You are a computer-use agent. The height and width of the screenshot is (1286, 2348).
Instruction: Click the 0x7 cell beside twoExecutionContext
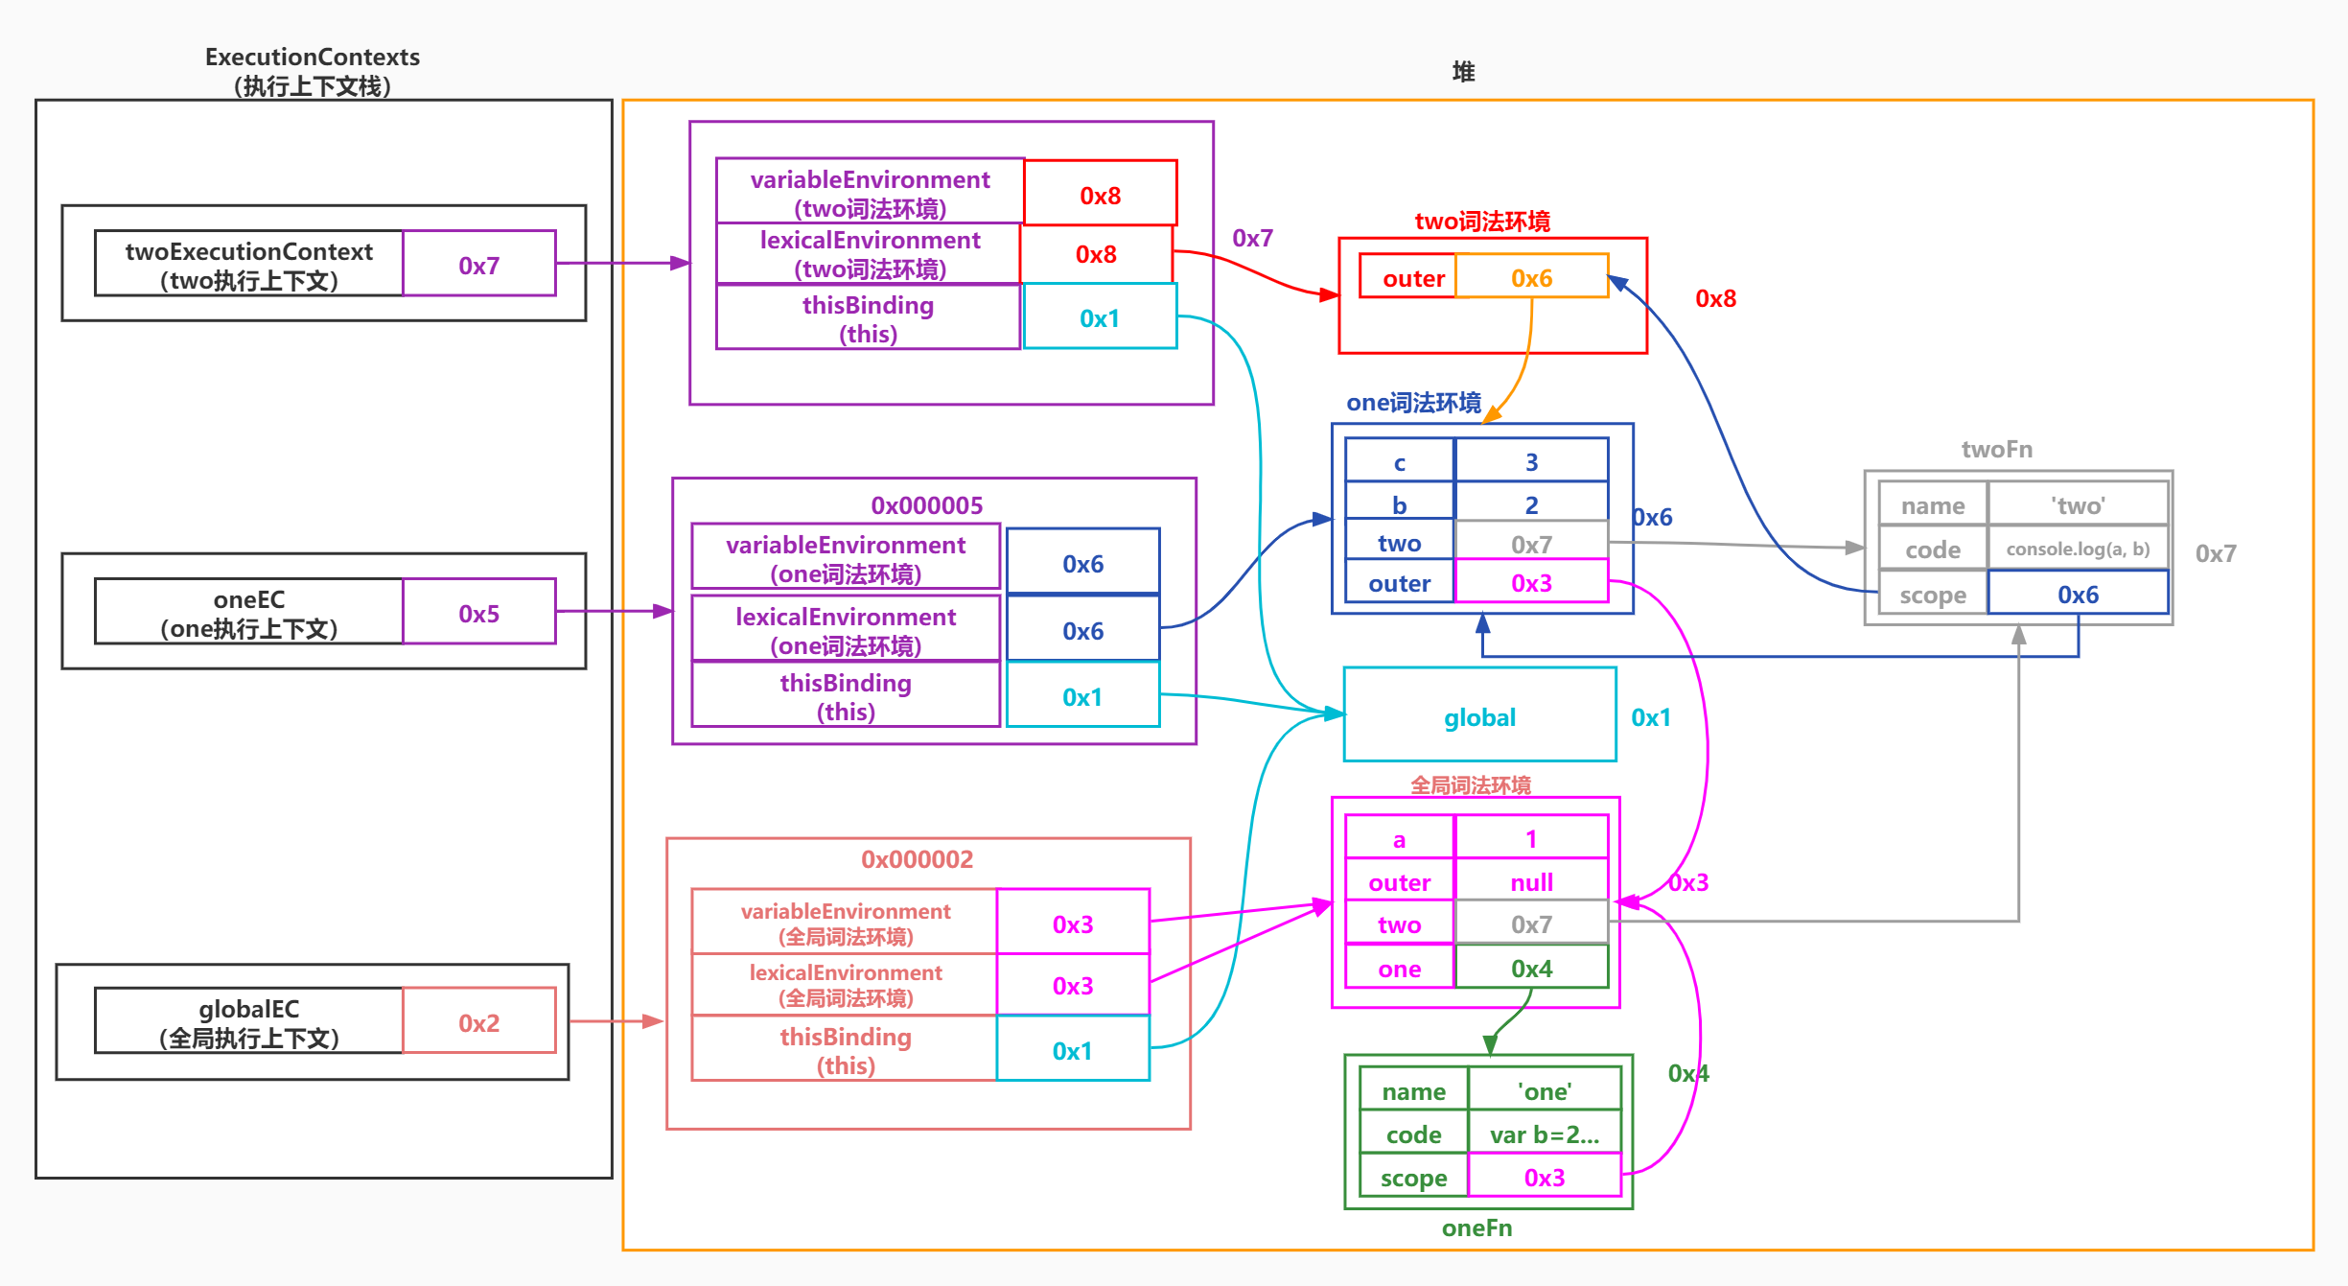click(479, 265)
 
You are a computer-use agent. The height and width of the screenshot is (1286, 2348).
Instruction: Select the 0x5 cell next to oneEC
click(479, 613)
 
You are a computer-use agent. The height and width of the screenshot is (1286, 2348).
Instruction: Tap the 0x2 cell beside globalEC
click(479, 1022)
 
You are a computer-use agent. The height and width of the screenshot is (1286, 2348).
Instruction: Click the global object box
click(1479, 716)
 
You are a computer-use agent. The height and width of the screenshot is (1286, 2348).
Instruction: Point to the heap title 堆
click(1463, 72)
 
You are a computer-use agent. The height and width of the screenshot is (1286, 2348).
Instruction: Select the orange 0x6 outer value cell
click(1531, 278)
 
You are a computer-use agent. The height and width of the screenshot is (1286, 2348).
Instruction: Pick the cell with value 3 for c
click(1531, 462)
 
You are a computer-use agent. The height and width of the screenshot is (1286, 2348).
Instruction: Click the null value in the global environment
click(1531, 882)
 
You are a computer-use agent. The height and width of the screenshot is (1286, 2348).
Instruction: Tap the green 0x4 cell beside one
click(1531, 969)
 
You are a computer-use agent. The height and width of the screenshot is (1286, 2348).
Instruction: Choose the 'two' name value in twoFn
click(2078, 505)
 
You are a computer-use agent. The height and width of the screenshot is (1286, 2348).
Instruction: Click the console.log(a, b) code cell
click(2078, 549)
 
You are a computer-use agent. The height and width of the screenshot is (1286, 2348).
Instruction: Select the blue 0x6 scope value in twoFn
click(2078, 595)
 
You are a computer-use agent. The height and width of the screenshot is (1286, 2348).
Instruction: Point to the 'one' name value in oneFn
click(1545, 1091)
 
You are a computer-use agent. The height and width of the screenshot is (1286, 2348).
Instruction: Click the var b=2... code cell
click(1545, 1134)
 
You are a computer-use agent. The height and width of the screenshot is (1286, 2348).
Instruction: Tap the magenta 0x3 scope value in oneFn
click(1545, 1178)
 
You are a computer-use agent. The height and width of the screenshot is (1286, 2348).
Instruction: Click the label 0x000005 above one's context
click(927, 505)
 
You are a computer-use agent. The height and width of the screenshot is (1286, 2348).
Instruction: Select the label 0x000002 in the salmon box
click(917, 859)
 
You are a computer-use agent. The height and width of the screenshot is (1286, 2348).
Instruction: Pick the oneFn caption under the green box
click(1476, 1228)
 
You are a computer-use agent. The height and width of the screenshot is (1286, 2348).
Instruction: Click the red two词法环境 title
click(1482, 222)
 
